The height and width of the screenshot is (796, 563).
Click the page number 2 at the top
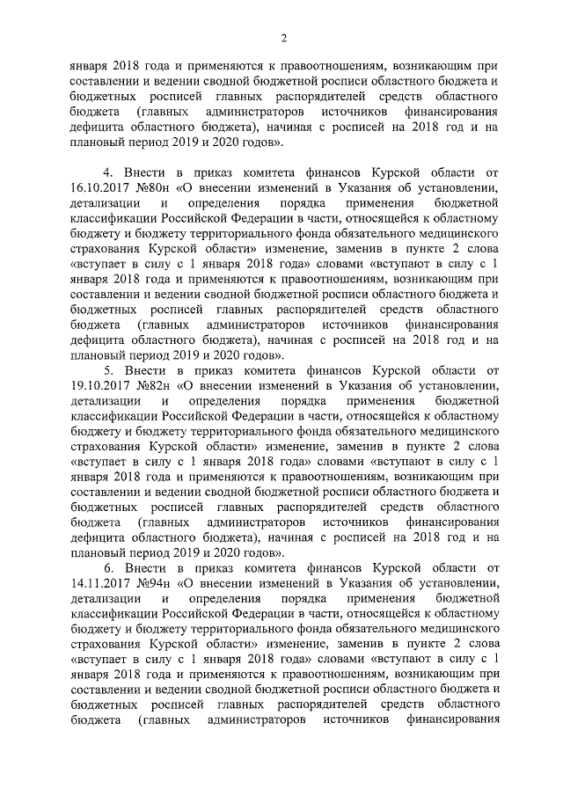[283, 36]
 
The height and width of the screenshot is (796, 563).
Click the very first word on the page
[89, 64]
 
